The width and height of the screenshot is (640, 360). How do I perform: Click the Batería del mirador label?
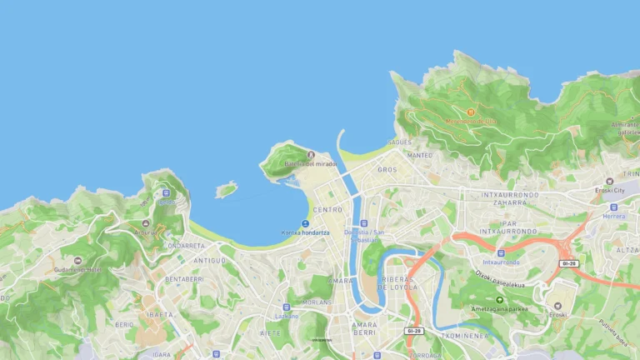tap(311, 164)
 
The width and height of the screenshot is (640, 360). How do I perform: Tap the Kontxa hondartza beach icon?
tap(305, 223)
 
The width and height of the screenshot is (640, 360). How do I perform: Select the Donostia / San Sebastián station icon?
tap(363, 223)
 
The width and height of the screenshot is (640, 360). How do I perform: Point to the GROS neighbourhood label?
tap(387, 169)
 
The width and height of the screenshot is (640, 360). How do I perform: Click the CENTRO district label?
tap(327, 210)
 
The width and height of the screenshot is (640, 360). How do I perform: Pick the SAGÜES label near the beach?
tap(399, 142)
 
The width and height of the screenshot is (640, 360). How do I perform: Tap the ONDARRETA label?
tap(185, 246)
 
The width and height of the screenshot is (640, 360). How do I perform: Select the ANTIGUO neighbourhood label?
tap(209, 260)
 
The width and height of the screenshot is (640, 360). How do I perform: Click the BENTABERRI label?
tap(184, 279)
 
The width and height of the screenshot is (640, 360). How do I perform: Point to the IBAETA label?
tap(159, 315)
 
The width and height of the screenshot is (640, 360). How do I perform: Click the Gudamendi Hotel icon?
tap(78, 261)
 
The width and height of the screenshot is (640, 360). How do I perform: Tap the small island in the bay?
tap(226, 191)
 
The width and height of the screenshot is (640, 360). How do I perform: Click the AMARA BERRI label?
tap(364, 328)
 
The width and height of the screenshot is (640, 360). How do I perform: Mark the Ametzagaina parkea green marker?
tap(499, 299)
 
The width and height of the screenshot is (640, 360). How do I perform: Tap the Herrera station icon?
tap(614, 207)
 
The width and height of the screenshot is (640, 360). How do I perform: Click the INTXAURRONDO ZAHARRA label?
tap(505, 198)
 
